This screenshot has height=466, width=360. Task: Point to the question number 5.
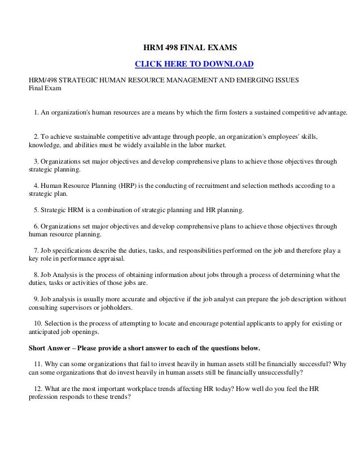36,210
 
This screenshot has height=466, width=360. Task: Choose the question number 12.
37,387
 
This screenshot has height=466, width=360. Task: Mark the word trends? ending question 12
120,396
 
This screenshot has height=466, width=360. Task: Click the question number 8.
36,275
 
